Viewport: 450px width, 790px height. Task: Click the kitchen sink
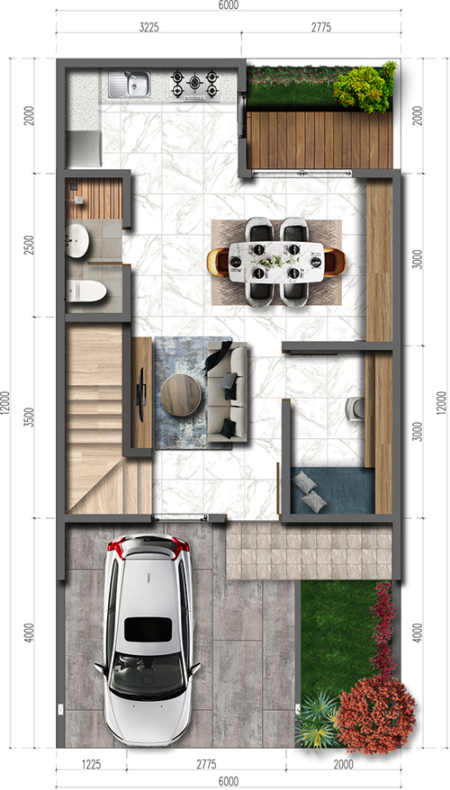click(130, 84)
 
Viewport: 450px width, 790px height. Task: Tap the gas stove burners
click(194, 85)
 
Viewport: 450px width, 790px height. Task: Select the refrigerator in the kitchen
click(84, 148)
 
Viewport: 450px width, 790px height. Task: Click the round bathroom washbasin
click(77, 240)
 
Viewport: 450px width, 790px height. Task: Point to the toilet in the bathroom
click(86, 292)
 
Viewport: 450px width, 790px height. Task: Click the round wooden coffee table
click(182, 394)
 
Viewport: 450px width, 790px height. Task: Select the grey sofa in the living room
click(228, 392)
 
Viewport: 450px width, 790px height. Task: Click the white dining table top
click(276, 262)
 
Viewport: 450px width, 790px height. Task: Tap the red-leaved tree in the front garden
click(376, 714)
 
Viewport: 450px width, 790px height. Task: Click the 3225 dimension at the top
click(148, 27)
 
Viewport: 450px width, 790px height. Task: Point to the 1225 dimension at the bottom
click(91, 764)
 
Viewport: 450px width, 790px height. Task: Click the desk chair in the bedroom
click(355, 408)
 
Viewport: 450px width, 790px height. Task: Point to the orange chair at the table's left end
click(219, 262)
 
